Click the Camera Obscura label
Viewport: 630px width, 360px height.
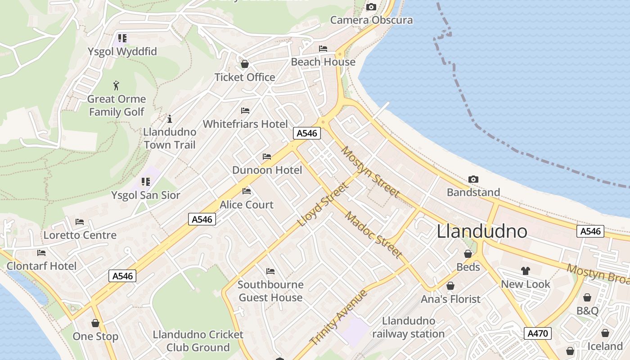point(371,20)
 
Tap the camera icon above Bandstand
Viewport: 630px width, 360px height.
point(473,180)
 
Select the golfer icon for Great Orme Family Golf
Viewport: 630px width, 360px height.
point(117,85)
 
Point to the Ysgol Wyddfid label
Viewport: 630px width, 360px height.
point(122,52)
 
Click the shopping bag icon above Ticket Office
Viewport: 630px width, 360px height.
point(245,64)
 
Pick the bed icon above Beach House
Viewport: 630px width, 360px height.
point(323,49)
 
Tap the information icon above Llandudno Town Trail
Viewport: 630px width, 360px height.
point(170,119)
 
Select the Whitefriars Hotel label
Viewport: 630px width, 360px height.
point(245,124)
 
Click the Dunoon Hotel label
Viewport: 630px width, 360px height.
point(267,170)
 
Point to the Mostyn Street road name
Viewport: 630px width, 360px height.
point(370,171)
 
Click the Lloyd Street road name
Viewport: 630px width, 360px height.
point(323,205)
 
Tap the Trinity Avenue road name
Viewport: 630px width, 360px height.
point(339,318)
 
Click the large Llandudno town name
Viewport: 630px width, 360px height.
point(482,231)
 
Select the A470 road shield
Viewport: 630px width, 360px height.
point(538,333)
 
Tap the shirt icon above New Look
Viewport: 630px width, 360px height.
point(526,271)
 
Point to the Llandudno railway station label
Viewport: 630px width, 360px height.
point(408,327)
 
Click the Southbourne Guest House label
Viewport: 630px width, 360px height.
point(270,291)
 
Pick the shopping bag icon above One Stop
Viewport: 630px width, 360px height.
point(95,323)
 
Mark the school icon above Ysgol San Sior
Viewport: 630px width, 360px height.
point(145,182)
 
